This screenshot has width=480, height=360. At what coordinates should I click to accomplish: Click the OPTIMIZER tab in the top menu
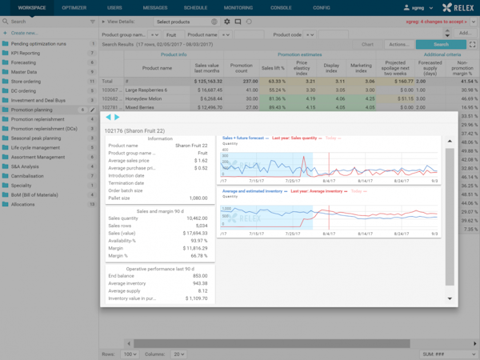click(74, 6)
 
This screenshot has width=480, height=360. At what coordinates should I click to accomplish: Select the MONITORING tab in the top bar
click(238, 6)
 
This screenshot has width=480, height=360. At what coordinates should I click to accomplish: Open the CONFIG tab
click(322, 6)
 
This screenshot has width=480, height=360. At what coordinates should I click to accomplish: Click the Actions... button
click(398, 45)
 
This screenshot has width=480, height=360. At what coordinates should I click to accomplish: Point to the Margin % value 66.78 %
click(199, 257)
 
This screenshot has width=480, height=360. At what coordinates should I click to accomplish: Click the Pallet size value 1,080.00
click(197, 197)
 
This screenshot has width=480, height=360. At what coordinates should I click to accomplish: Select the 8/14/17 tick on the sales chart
click(364, 182)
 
